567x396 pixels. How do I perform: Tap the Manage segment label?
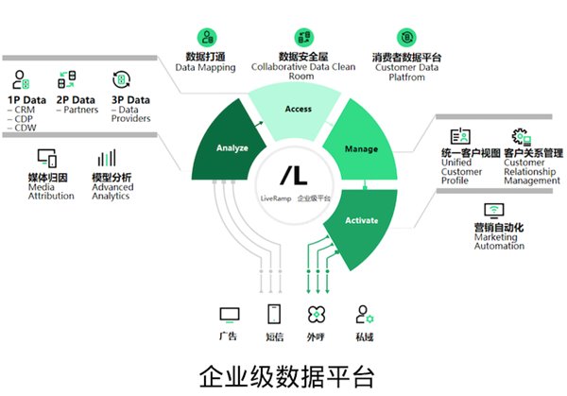361,149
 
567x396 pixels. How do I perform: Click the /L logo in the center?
294,176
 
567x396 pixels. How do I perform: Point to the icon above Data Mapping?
207,37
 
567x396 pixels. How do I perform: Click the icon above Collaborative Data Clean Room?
303,37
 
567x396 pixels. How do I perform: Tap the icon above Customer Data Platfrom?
406,37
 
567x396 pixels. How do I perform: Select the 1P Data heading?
27,100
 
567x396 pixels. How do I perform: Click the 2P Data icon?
67,79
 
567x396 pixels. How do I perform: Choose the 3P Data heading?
130,100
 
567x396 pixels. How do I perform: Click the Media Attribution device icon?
47,158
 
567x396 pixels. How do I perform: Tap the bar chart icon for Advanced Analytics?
107,158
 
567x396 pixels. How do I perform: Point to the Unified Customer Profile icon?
460,136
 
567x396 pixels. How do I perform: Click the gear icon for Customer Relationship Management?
521,137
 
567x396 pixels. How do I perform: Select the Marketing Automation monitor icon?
494,211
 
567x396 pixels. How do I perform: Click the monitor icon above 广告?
230,315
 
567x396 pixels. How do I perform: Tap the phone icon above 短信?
274,314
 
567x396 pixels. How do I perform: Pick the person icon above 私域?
365,315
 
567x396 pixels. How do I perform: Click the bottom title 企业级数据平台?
286,376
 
